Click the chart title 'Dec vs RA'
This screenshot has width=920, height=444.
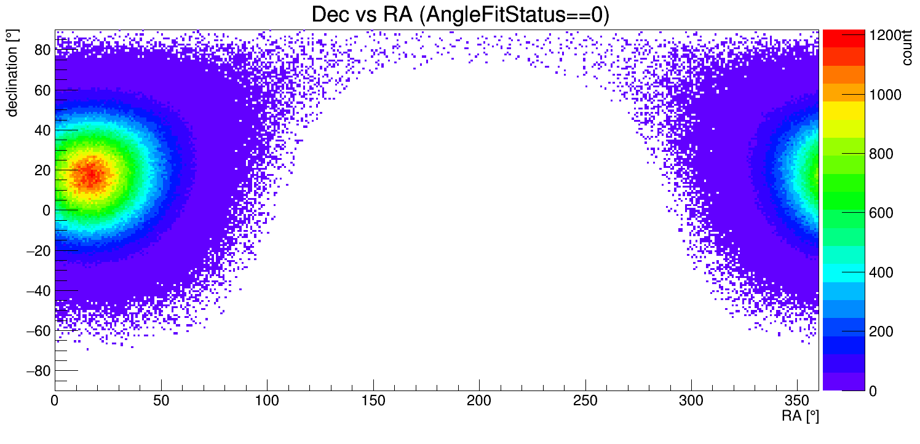(460, 15)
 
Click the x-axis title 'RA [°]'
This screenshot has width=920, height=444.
(800, 416)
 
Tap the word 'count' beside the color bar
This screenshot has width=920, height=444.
(907, 49)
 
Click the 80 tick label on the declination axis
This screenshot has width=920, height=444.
(42, 50)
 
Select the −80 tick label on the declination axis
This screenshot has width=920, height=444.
(36, 371)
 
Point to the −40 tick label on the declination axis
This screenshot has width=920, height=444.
(36, 290)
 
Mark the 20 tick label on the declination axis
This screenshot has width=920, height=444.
(42, 170)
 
